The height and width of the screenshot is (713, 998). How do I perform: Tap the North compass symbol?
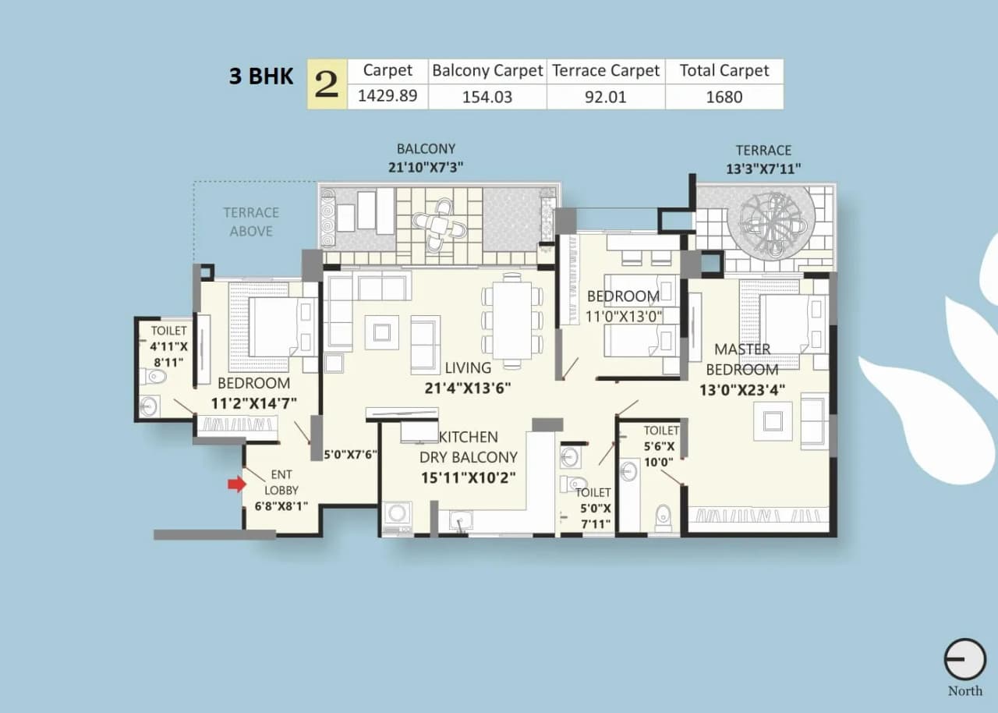[x=964, y=660]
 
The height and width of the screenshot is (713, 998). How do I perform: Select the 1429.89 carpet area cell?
[x=388, y=97]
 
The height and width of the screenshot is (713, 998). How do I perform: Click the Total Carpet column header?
[x=724, y=71]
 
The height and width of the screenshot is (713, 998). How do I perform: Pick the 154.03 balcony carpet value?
[x=487, y=97]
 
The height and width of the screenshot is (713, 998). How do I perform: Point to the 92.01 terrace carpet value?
[x=606, y=97]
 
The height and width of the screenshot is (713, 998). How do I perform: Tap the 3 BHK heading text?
[x=261, y=76]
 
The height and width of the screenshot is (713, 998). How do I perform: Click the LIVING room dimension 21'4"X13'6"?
[x=468, y=388]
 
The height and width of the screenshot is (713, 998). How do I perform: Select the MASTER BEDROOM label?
[x=742, y=359]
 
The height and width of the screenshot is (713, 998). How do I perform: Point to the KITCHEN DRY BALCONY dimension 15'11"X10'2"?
[x=468, y=477]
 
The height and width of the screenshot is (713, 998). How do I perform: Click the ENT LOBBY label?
[x=281, y=482]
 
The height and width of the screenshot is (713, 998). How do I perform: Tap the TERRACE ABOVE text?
[x=251, y=222]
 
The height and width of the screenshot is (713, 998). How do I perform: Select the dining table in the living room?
[x=512, y=320]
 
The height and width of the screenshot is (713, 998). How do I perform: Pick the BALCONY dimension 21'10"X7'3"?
[x=426, y=167]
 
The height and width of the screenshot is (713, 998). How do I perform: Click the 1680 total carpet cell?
[x=724, y=97]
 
